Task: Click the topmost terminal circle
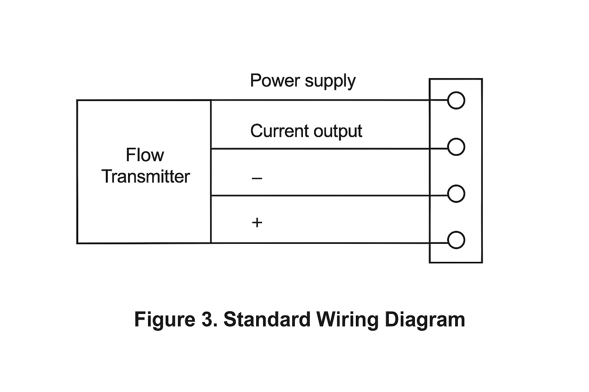pyautogui.click(x=456, y=101)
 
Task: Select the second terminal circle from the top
pyautogui.click(x=456, y=147)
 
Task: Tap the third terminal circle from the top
pyautogui.click(x=456, y=194)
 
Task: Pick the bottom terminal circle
pyautogui.click(x=456, y=240)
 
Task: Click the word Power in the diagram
pyautogui.click(x=274, y=81)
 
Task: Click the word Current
pyautogui.click(x=279, y=131)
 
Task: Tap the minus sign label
pyautogui.click(x=257, y=178)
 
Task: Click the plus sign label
pyautogui.click(x=257, y=222)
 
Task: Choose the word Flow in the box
pyautogui.click(x=145, y=155)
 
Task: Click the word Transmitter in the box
pyautogui.click(x=146, y=177)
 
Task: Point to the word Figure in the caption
pyautogui.click(x=165, y=320)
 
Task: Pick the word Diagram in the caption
pyautogui.click(x=425, y=320)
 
